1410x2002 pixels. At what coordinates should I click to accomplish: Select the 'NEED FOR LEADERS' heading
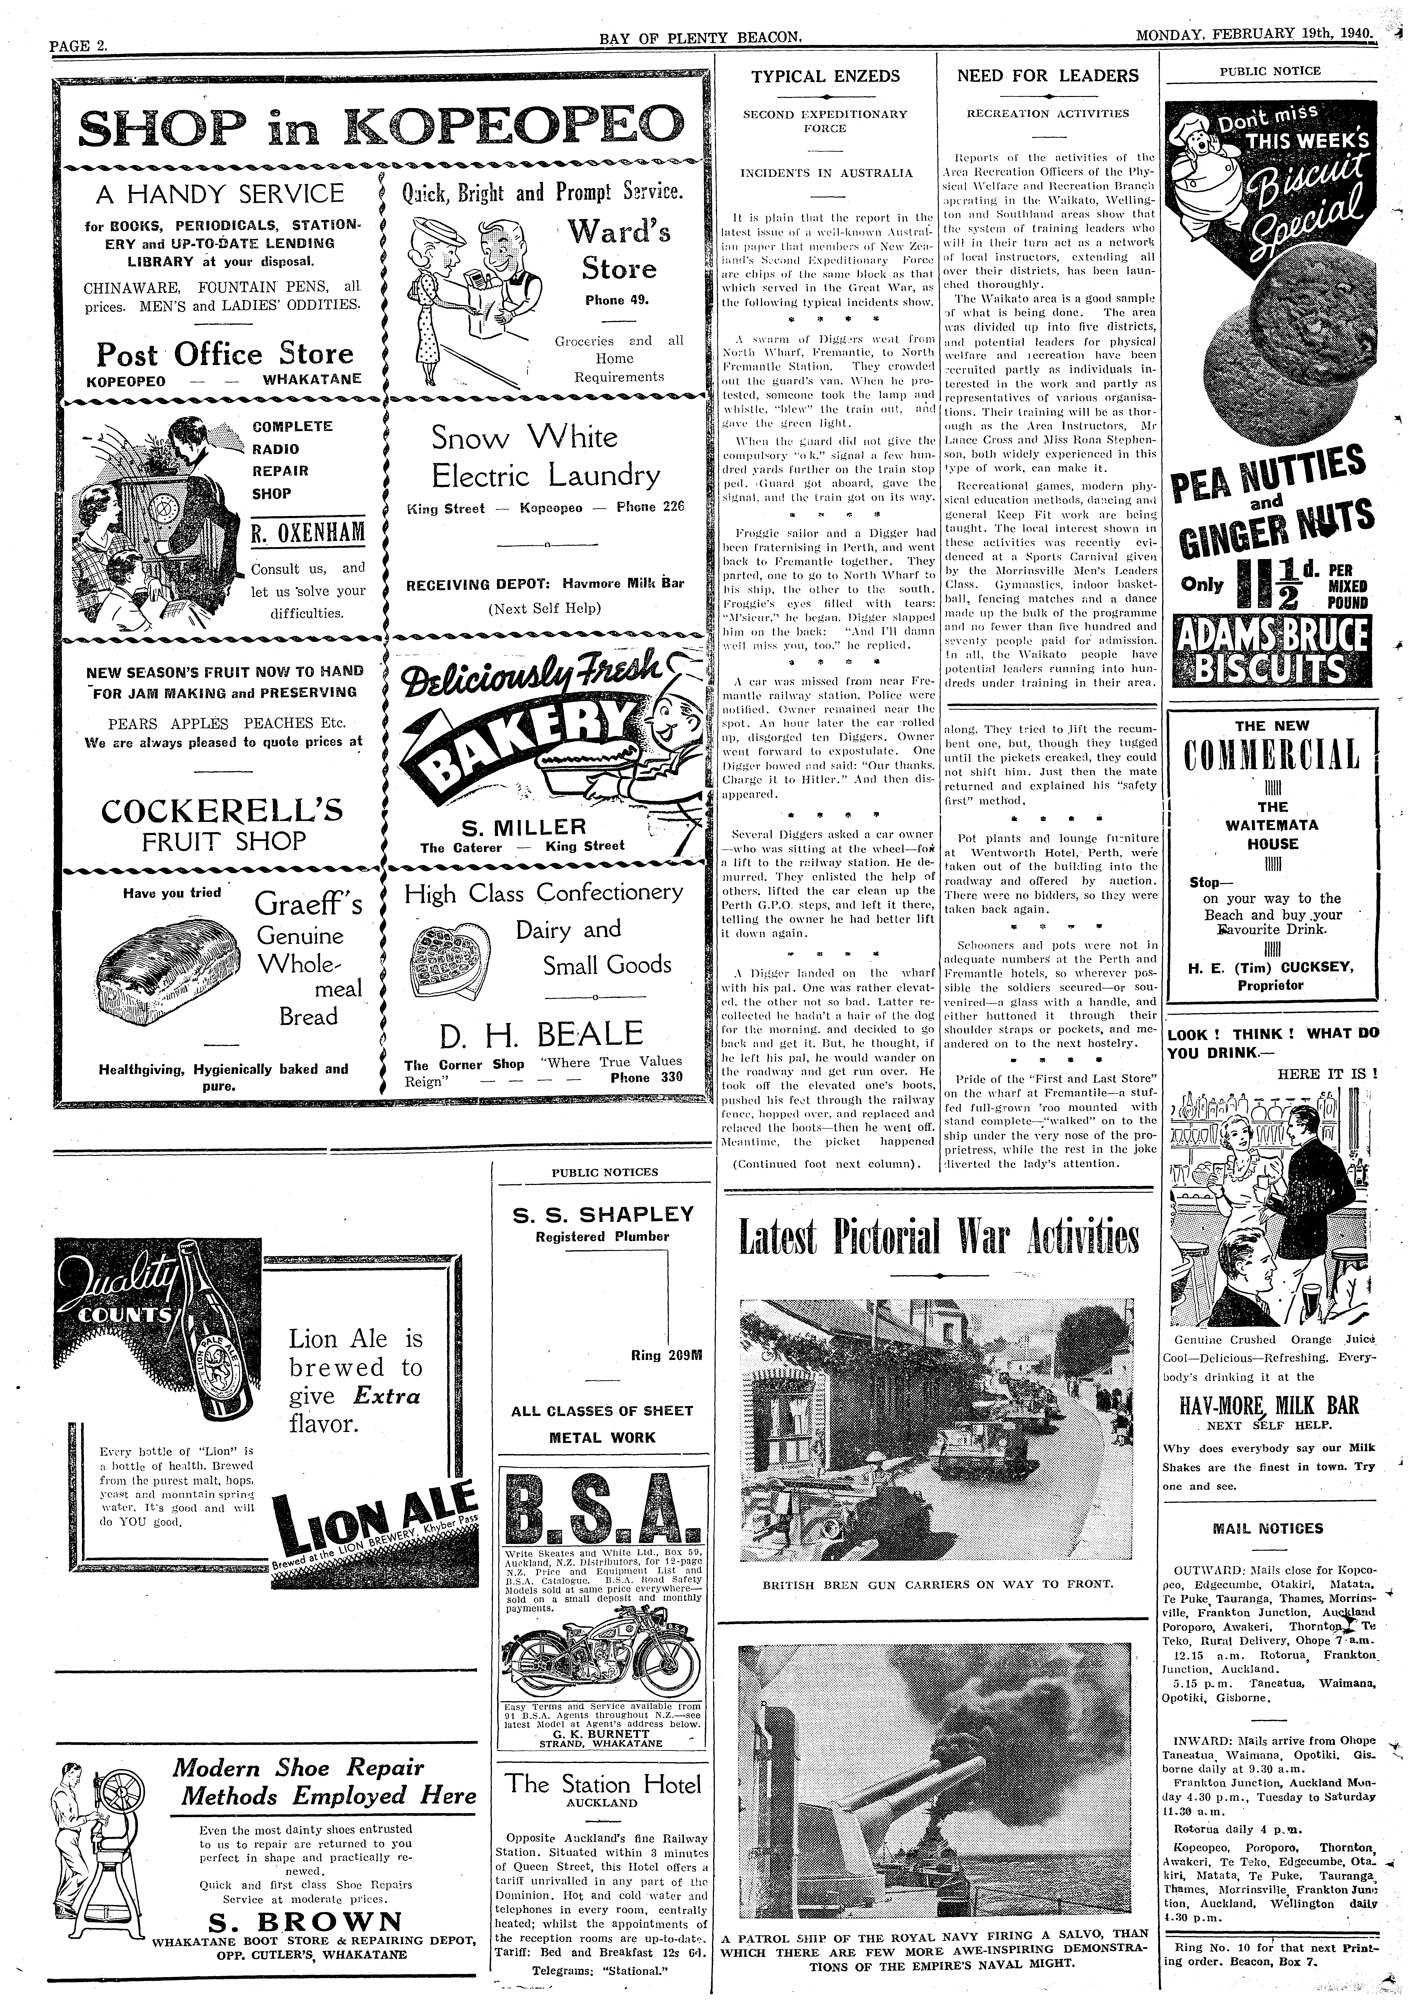pos(1047,76)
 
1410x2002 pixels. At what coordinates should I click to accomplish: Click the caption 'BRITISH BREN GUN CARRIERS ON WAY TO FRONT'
pos(936,1584)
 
